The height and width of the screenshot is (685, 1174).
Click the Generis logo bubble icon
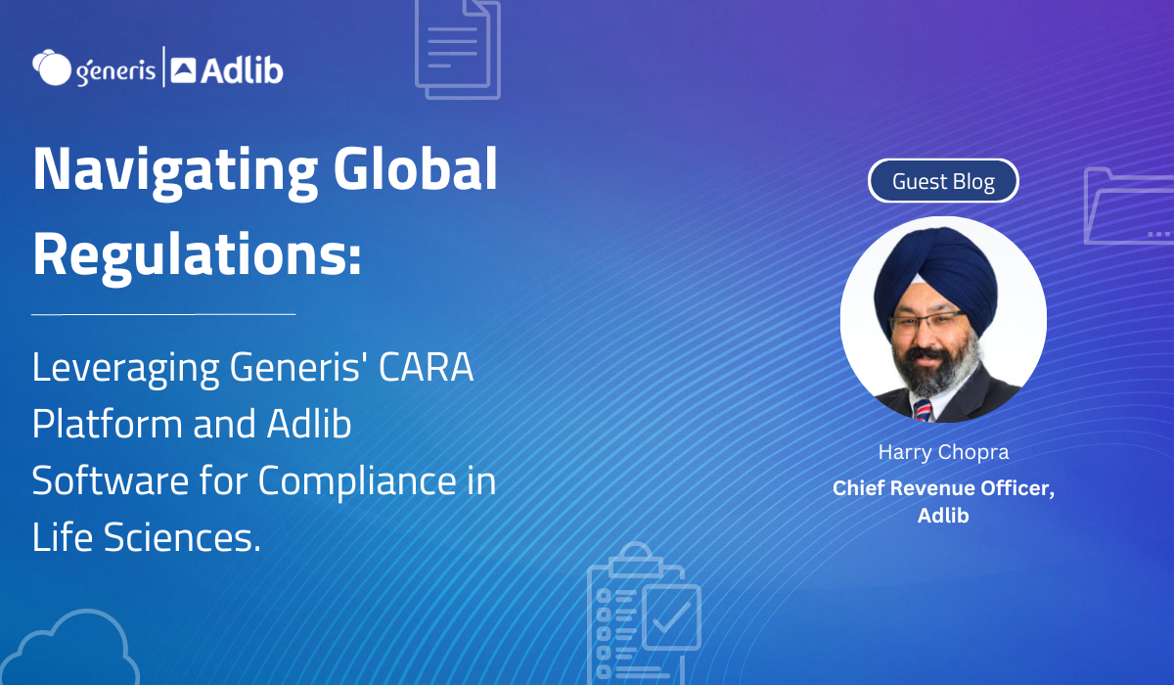coord(51,68)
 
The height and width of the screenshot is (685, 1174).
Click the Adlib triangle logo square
coord(184,70)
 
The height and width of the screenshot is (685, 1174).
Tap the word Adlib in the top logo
coord(243,70)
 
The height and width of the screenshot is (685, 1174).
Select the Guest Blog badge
coord(943,181)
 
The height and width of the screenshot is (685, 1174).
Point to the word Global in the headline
coord(415,168)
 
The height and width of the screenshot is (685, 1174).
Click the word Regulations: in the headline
coord(197,255)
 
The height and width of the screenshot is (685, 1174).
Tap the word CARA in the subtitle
coord(426,367)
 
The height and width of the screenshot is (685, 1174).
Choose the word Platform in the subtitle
coord(108,424)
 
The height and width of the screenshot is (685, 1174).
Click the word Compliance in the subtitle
coord(357,482)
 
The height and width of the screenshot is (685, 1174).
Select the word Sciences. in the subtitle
coord(182,536)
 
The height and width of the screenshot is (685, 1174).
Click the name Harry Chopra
coord(943,452)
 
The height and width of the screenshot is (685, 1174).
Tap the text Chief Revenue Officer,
coord(943,488)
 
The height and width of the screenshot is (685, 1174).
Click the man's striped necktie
coord(924,410)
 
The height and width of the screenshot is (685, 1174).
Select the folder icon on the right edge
coord(1129,206)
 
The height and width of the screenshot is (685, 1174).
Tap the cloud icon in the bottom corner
coord(70,648)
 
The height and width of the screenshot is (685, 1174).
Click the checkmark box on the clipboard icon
coord(672,617)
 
